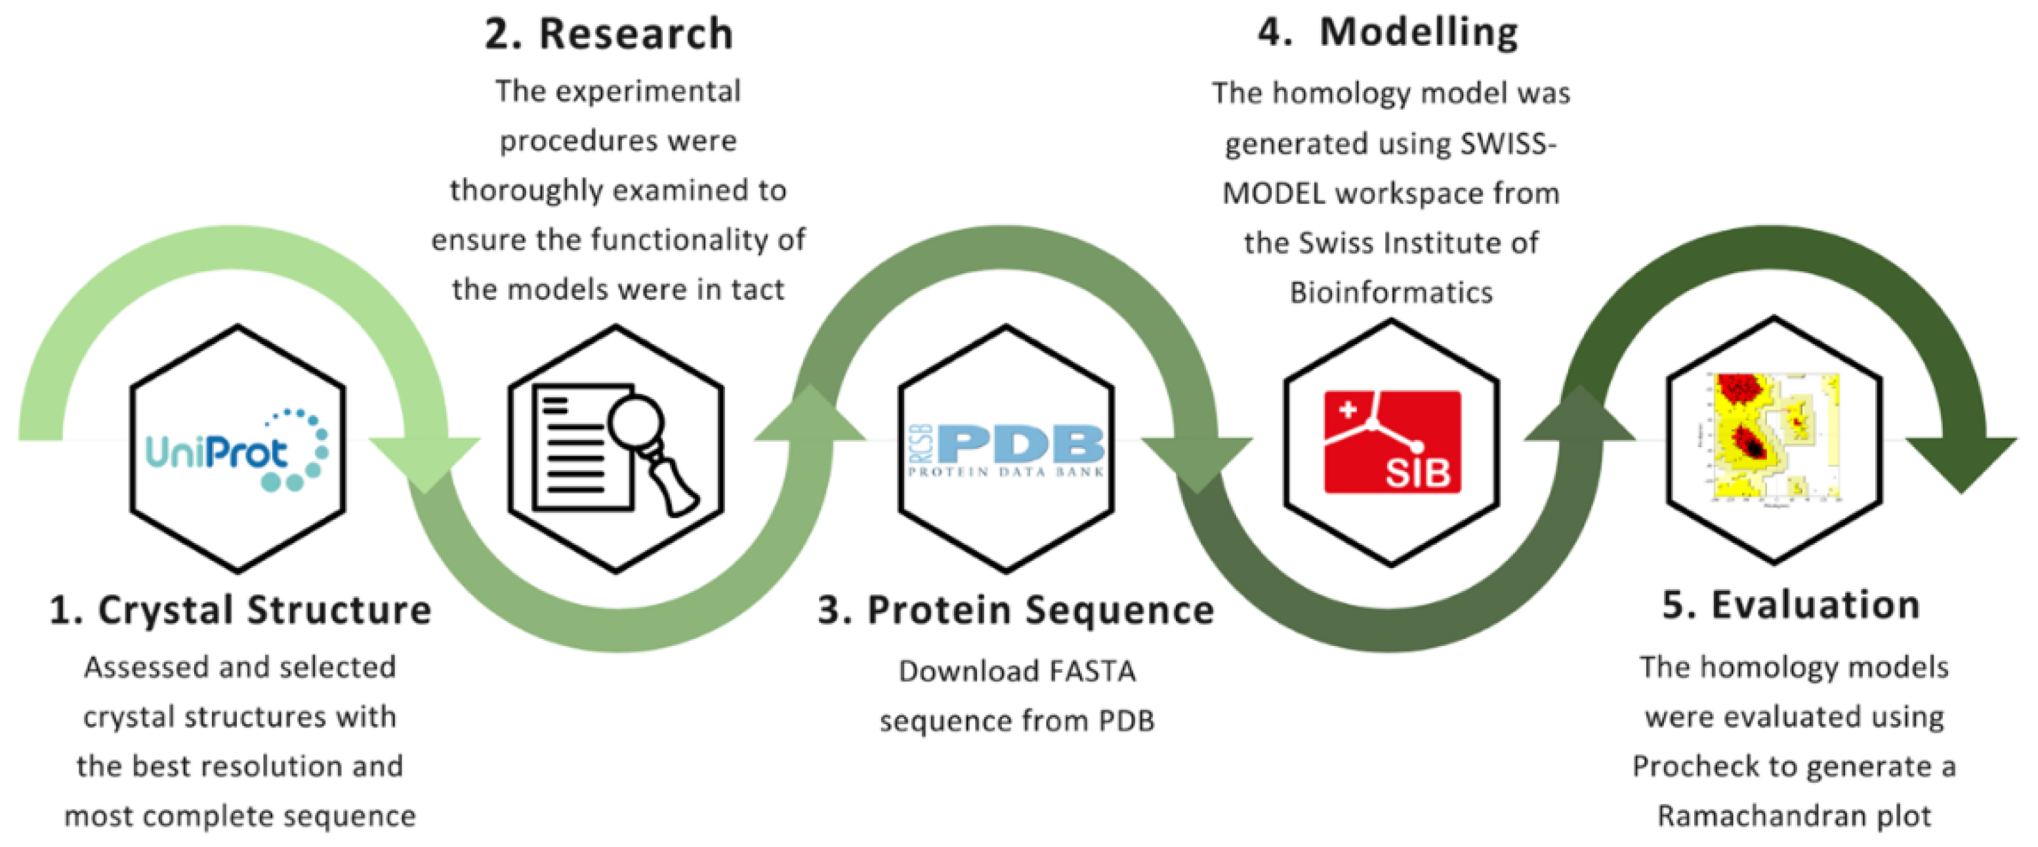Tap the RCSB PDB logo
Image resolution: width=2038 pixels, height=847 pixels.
[x=1006, y=450]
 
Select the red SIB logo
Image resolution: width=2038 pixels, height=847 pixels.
[x=1392, y=442]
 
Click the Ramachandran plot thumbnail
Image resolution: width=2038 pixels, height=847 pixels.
[x=1774, y=438]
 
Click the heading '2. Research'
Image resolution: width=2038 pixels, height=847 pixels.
[x=609, y=34]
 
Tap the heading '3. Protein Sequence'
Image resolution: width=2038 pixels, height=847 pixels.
[x=1016, y=611]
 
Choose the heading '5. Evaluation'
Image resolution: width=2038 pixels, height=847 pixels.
[x=1791, y=605]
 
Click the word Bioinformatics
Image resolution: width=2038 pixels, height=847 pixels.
[x=1391, y=293]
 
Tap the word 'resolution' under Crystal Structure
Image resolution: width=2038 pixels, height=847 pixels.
[x=281, y=766]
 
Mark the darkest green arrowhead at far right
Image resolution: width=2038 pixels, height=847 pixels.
[x=1961, y=463]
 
